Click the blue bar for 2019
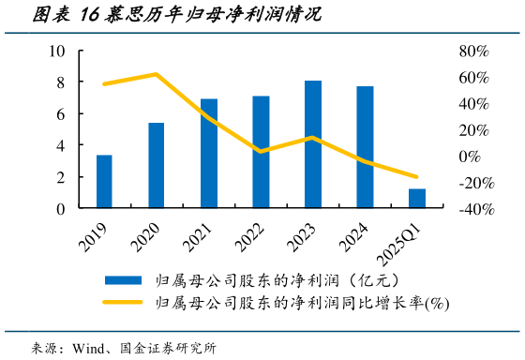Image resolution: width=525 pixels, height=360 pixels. [x=104, y=182]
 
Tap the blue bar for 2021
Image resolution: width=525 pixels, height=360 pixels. [x=208, y=154]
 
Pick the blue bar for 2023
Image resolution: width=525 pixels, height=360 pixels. [x=312, y=144]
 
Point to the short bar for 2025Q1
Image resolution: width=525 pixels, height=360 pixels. [x=416, y=199]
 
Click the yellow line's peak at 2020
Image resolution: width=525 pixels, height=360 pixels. [x=156, y=74]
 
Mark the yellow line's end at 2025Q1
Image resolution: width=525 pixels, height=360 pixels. [x=416, y=176]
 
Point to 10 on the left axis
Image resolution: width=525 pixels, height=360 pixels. [x=58, y=51]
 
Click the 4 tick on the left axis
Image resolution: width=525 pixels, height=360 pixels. [x=61, y=145]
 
